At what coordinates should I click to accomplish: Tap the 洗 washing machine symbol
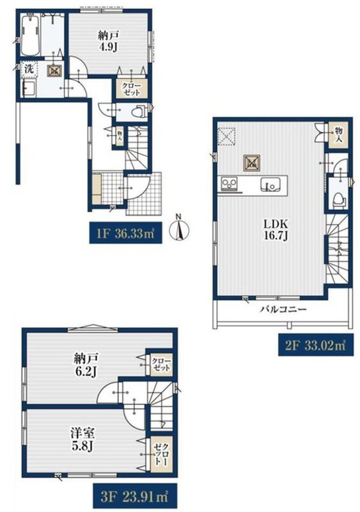click(x=29, y=69)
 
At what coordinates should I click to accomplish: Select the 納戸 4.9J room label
click(x=108, y=41)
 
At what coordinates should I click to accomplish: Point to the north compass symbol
click(x=179, y=229)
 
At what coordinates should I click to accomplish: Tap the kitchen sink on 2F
click(x=270, y=185)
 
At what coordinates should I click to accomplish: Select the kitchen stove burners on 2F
click(x=230, y=184)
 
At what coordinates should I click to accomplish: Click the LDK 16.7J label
click(x=276, y=230)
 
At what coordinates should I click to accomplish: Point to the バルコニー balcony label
click(x=283, y=309)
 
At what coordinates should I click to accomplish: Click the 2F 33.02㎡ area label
click(x=316, y=345)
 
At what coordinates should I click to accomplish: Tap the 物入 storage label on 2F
click(x=338, y=134)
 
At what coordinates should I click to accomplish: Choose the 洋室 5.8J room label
click(x=83, y=440)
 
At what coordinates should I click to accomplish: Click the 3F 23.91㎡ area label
click(x=135, y=497)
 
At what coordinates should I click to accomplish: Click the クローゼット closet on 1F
click(x=132, y=89)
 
